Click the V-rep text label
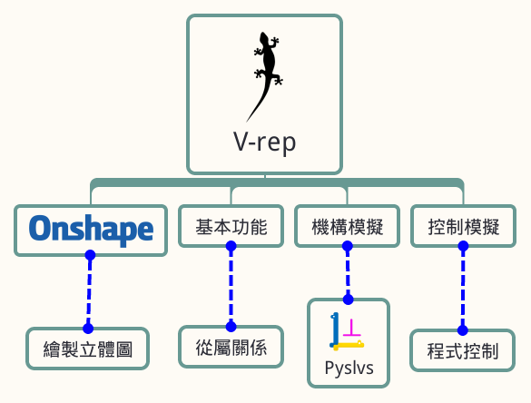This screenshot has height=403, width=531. (x=264, y=143)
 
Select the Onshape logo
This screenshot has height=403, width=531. (x=91, y=230)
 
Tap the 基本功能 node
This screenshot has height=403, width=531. (x=231, y=226)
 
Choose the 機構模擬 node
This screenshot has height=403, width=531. (x=348, y=226)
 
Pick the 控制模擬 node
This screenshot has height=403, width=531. (x=464, y=226)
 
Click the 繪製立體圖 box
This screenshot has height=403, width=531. (x=88, y=349)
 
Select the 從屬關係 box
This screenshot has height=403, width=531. (x=231, y=347)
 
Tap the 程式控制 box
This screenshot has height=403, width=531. (x=463, y=350)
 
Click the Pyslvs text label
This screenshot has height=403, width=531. (x=349, y=369)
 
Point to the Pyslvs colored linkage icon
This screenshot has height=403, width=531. (x=347, y=331)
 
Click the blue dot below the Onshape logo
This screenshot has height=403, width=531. (x=90, y=255)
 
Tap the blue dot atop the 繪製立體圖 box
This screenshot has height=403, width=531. (x=88, y=329)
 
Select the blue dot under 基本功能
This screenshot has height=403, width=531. (x=231, y=246)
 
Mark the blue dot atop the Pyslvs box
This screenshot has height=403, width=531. (x=349, y=300)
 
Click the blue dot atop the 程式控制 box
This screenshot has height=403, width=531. (x=463, y=329)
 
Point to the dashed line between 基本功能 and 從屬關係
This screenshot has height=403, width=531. (x=231, y=287)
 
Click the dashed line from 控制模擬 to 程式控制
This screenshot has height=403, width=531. (x=463, y=288)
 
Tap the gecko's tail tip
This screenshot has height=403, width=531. (x=247, y=122)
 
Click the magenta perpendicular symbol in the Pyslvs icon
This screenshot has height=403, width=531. (x=351, y=328)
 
